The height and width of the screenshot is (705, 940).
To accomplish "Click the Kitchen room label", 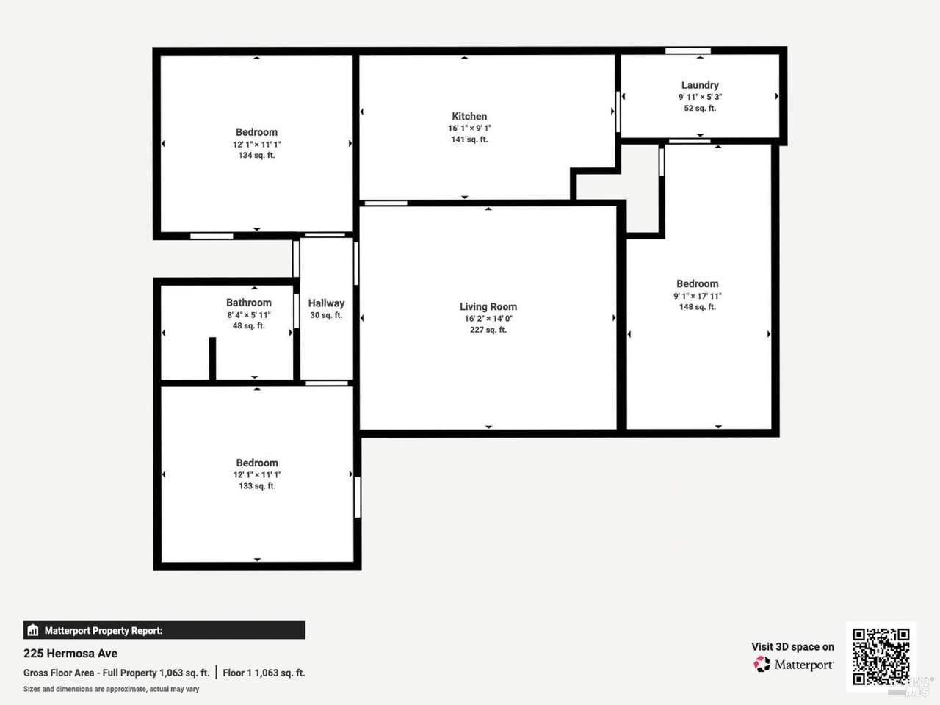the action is pyautogui.click(x=469, y=117).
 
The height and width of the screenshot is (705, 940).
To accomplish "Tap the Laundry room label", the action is pyautogui.click(x=700, y=85).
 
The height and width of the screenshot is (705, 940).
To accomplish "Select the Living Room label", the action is pyautogui.click(x=488, y=306).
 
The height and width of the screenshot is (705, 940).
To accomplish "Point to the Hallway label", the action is pyautogui.click(x=326, y=303).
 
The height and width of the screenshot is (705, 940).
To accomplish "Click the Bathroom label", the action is pyautogui.click(x=249, y=303).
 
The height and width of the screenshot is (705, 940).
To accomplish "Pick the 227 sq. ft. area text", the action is pyautogui.click(x=488, y=330).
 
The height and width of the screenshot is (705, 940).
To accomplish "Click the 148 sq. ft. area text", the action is pyautogui.click(x=698, y=307).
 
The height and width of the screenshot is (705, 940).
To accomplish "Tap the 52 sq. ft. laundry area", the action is pyautogui.click(x=700, y=108).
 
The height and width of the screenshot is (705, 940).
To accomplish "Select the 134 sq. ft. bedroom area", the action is pyautogui.click(x=256, y=156).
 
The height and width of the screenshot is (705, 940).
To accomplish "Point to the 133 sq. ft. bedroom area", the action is pyautogui.click(x=257, y=486).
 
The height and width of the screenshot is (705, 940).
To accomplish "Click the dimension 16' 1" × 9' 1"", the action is pyautogui.click(x=469, y=128).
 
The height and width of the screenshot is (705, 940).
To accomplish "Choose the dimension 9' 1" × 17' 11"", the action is pyautogui.click(x=698, y=296).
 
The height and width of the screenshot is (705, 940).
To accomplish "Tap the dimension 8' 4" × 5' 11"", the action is pyautogui.click(x=249, y=315).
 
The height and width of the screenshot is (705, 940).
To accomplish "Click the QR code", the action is pyautogui.click(x=881, y=657).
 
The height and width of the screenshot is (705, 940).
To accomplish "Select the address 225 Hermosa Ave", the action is pyautogui.click(x=70, y=653).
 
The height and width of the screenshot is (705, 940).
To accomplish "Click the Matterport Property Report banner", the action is pyautogui.click(x=164, y=630).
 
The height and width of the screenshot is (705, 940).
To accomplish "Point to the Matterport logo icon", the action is pyautogui.click(x=762, y=665).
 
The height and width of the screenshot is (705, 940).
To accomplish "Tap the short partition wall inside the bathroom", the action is pyautogui.click(x=212, y=358).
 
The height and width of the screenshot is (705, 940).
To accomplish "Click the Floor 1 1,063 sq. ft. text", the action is pyautogui.click(x=264, y=673).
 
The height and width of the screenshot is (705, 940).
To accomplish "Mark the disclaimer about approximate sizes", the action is pyautogui.click(x=112, y=689).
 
